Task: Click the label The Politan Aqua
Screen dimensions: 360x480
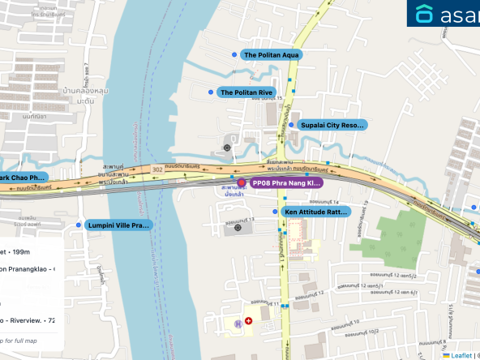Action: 271,55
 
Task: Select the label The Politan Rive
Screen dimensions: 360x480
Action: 246,93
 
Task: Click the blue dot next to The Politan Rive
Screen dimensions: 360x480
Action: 211,92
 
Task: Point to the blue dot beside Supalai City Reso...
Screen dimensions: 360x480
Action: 291,125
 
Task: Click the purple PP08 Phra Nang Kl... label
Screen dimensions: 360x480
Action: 286,183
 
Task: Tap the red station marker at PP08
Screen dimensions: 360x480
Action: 241,183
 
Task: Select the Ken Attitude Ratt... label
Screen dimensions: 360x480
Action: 315,212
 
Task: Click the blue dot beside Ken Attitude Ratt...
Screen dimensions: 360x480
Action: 276,211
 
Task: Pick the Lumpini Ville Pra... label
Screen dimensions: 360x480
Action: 118,225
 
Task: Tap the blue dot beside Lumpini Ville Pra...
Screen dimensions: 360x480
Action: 79,225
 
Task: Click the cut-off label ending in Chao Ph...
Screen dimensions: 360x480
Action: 23,178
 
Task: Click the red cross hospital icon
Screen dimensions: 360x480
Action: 249,321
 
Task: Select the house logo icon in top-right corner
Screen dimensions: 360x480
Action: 426,14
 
